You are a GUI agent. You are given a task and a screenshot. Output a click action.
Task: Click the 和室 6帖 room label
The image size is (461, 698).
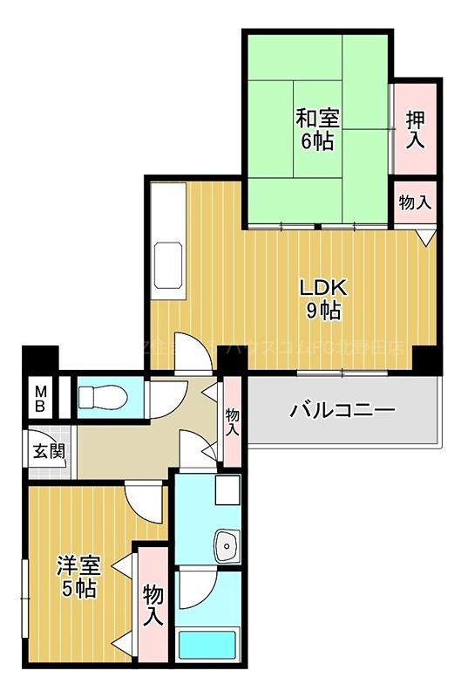pyautogui.click(x=317, y=128)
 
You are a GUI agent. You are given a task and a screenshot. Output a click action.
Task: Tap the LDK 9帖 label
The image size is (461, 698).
pyautogui.click(x=323, y=298)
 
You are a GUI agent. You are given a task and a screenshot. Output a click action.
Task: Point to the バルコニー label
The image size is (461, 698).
pyautogui.click(x=342, y=409)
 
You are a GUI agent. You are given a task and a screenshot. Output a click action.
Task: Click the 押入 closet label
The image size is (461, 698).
pyautogui.click(x=416, y=128)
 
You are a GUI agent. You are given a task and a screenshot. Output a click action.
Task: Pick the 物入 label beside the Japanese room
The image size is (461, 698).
pyautogui.click(x=415, y=202)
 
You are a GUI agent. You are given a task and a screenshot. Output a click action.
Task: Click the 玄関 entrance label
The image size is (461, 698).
pyautogui.click(x=48, y=452)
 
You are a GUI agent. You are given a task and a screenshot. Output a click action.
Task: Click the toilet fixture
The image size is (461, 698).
pyautogui.click(x=99, y=398)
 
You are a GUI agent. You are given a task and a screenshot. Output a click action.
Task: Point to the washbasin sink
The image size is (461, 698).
pyautogui.click(x=227, y=546)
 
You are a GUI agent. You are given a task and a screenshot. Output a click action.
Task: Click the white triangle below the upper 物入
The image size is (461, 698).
pyautogui.click(x=424, y=236)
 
